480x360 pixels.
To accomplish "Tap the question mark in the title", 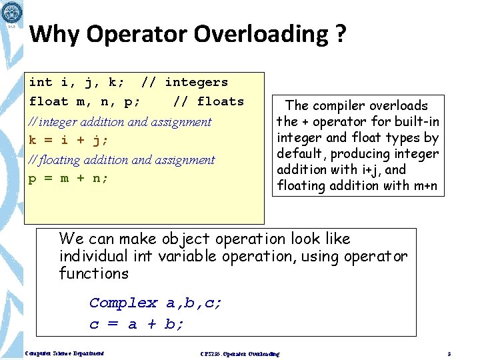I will click(341, 34).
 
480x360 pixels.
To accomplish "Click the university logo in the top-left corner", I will click(12, 12).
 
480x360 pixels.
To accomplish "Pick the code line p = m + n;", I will click(68, 178).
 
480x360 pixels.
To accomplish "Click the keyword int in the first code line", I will click(41, 83).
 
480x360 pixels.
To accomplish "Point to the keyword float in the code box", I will click(49, 101).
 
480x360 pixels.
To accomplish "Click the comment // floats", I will click(208, 101).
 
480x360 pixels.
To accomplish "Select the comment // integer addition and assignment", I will click(120, 121).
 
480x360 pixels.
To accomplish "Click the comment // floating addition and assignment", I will click(122, 160).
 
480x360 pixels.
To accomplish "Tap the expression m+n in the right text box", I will click(423, 185).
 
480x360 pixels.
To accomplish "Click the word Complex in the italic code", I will click(123, 303).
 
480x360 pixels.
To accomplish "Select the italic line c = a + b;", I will click(137, 325).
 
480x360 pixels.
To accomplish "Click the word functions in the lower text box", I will click(93, 273).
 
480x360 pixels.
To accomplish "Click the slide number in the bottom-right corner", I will click(450, 353).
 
